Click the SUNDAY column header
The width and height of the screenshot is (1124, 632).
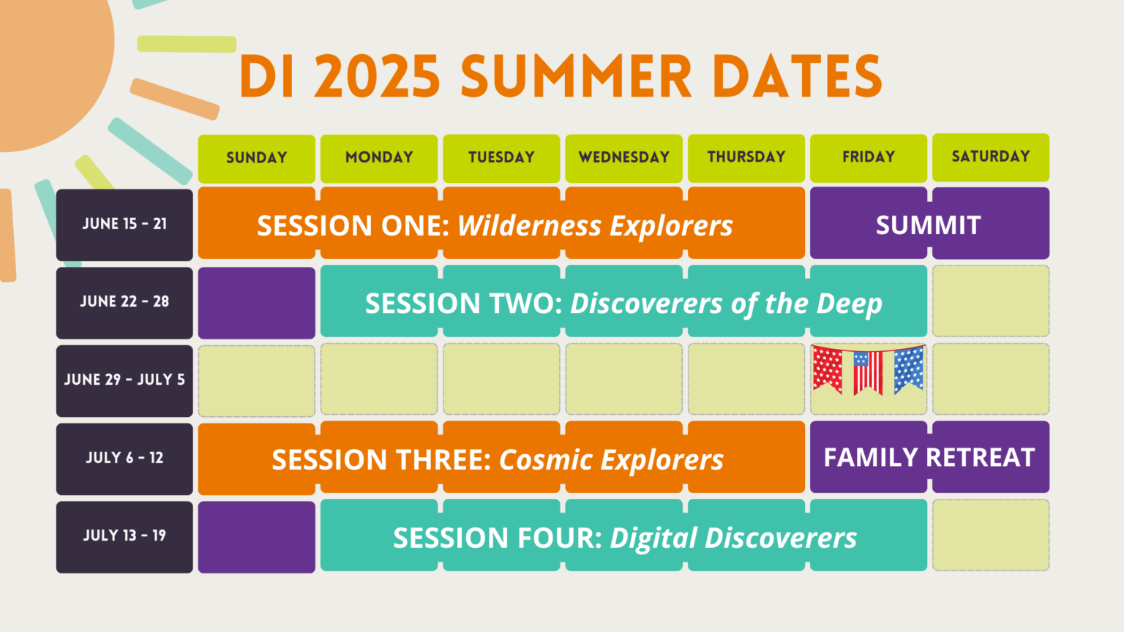(256, 159)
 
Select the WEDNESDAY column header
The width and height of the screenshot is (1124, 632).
(623, 158)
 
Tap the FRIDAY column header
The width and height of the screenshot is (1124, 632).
(869, 158)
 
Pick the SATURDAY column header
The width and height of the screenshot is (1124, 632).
(991, 157)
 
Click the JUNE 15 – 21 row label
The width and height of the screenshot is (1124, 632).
(124, 225)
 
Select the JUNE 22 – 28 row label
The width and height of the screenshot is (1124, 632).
(124, 303)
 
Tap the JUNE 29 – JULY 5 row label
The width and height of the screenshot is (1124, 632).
(124, 380)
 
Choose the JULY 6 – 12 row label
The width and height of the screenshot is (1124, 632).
(124, 459)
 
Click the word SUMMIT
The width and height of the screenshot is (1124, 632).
(929, 225)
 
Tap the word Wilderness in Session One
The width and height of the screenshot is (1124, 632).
(529, 225)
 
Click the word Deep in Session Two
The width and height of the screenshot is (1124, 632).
(849, 304)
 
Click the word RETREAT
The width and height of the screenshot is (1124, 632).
(980, 457)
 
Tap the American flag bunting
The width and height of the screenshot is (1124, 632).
(869, 370)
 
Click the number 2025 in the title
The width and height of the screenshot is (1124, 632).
(377, 76)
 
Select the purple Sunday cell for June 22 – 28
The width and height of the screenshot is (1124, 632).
(256, 303)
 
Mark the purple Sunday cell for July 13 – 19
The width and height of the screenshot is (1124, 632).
(256, 537)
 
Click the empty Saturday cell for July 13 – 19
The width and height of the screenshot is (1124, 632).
(991, 535)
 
